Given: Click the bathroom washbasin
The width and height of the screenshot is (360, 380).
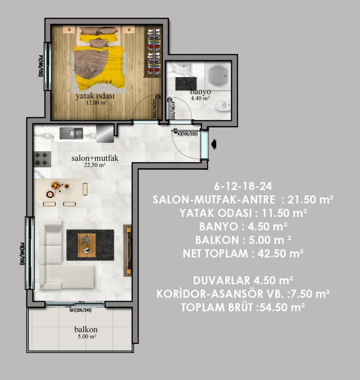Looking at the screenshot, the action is (184, 68).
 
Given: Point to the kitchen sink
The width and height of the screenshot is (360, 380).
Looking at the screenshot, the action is (71, 133).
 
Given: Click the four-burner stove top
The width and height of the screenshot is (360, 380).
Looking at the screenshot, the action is (43, 159).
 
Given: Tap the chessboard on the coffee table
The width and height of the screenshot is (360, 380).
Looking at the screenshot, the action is (85, 241).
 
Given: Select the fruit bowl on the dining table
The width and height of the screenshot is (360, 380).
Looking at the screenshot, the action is (56, 186).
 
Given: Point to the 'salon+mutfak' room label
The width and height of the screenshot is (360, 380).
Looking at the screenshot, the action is (95, 158).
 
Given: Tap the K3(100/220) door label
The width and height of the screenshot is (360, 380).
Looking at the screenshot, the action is (188, 134).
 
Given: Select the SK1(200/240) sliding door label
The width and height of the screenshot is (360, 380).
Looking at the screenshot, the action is (81, 310).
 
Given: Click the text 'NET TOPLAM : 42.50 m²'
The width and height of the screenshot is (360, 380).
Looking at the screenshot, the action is (243, 253).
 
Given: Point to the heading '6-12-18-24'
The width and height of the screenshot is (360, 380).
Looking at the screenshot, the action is (243, 186).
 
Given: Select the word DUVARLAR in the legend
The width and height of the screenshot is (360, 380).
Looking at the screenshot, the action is (222, 281).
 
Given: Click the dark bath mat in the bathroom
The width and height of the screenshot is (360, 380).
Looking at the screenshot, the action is (186, 84).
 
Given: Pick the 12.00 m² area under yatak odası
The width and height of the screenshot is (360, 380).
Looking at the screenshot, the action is (97, 103).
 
